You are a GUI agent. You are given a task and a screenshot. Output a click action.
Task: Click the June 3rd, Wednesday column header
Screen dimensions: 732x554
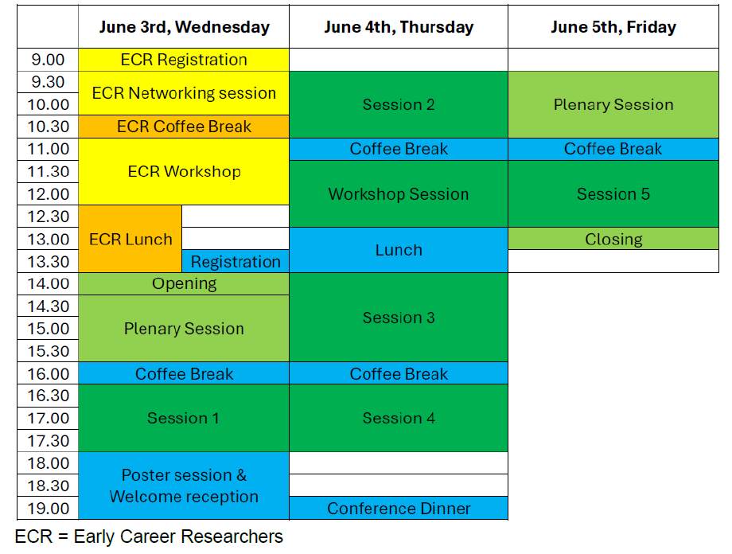[x=184, y=27]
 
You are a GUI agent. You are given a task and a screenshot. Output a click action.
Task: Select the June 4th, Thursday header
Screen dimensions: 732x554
[x=399, y=27]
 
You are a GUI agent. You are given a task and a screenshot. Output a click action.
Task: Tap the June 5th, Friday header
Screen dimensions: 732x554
[x=613, y=27]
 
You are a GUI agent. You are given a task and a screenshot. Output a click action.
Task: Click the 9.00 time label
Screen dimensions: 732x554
[x=48, y=60]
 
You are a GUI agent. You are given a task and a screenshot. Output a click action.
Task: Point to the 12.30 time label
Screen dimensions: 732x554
[x=48, y=217]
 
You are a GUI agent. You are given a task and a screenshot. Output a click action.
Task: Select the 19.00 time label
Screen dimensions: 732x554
[x=48, y=508]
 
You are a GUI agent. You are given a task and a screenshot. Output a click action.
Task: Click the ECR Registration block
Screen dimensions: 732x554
[x=184, y=60]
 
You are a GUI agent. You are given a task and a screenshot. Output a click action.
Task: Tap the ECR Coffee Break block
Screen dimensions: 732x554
[x=184, y=127]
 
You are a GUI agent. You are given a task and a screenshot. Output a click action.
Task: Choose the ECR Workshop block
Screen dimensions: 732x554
[x=184, y=171]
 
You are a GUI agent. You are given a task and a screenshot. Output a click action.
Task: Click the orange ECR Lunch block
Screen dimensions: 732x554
[x=130, y=239]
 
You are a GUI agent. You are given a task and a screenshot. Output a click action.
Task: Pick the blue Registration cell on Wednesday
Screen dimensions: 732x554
[x=236, y=262]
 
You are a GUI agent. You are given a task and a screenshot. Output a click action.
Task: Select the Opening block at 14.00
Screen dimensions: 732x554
[x=184, y=283]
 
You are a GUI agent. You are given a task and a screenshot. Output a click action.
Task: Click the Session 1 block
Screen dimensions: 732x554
[x=184, y=418]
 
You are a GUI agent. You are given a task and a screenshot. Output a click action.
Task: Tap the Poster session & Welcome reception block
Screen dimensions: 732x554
[x=184, y=486]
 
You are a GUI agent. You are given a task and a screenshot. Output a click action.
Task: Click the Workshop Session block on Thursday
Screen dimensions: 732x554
[x=399, y=194]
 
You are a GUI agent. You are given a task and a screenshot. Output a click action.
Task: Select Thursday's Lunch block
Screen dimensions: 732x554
[x=399, y=250]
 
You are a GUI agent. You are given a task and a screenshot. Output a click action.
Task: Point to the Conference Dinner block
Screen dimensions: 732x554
[x=399, y=508]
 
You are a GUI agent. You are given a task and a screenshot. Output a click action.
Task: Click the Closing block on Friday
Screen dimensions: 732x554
[x=613, y=239]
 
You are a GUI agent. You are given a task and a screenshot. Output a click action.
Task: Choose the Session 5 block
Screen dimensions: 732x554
[x=613, y=194]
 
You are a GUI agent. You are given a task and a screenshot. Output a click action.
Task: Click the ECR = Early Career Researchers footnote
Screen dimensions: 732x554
[x=149, y=536]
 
